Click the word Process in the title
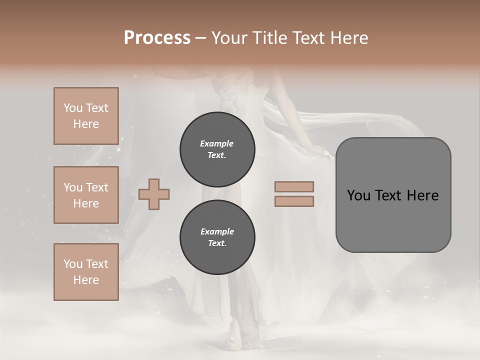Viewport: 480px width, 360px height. tap(157, 38)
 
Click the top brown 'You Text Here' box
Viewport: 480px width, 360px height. tap(86, 116)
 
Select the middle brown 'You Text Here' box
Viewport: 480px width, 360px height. tap(86, 195)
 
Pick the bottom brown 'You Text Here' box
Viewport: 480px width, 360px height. tap(86, 272)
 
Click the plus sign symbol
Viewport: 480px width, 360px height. tap(154, 194)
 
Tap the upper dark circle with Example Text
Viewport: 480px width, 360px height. tap(217, 149)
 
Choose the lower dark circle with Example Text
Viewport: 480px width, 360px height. tap(217, 237)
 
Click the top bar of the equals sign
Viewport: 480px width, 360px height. tap(294, 186)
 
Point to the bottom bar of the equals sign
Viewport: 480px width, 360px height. tap(294, 201)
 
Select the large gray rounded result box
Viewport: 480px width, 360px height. tap(393, 195)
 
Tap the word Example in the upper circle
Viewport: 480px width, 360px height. tap(217, 143)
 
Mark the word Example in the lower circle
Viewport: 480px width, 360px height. tap(217, 231)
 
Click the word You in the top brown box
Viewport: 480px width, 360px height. tap(72, 108)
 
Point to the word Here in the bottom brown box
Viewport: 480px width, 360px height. tap(86, 280)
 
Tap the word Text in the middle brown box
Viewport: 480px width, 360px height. tap(96, 187)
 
